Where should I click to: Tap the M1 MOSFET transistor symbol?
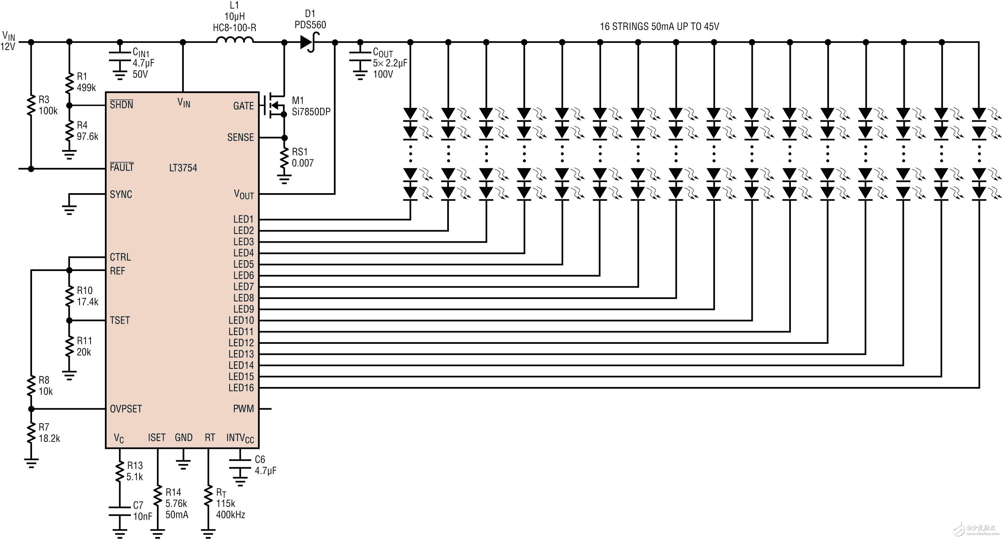(274, 105)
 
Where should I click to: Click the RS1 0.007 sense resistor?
(284, 157)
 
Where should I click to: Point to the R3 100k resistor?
(31, 105)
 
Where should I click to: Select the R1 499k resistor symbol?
(69, 82)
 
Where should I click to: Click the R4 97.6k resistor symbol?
(69, 131)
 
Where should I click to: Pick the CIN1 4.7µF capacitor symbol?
(120, 57)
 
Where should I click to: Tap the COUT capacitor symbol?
(360, 57)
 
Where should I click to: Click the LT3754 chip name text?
(183, 168)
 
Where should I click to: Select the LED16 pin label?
(241, 388)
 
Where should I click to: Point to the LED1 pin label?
(244, 219)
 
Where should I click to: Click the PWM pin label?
(244, 409)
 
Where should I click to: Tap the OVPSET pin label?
(126, 409)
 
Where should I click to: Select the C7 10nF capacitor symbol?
(120, 511)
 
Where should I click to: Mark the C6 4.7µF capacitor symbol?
(240, 465)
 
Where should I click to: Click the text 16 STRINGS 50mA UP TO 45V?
(660, 26)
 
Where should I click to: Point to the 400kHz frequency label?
(231, 515)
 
